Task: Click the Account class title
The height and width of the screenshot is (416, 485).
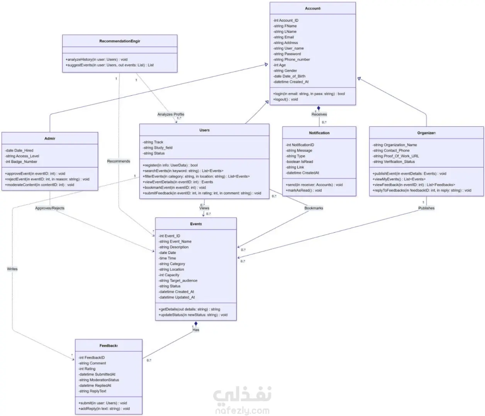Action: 312,8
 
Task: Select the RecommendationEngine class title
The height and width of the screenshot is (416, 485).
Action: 119,41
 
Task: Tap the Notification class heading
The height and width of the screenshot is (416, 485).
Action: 319,133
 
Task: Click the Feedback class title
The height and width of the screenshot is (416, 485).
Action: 109,345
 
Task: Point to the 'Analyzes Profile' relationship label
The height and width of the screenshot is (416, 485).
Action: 171,114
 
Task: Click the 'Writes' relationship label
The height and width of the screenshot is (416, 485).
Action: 12,269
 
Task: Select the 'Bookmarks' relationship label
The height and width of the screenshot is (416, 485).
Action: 314,208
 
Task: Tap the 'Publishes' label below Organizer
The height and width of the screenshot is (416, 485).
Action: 426,208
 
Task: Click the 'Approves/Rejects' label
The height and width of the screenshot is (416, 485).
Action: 50,208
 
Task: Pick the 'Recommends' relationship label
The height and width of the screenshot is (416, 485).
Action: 119,161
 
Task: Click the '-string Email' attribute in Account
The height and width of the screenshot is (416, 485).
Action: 284,37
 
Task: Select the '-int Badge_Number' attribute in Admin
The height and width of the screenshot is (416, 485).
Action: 21,162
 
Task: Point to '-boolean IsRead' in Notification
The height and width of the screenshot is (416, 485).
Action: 300,162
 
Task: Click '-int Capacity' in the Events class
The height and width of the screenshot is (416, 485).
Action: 169,275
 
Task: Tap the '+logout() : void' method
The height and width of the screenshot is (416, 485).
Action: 286,100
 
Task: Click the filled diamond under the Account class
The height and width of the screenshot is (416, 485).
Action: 319,108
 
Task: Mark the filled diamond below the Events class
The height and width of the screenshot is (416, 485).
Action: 196,324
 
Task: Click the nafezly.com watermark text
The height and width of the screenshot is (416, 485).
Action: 242,411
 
